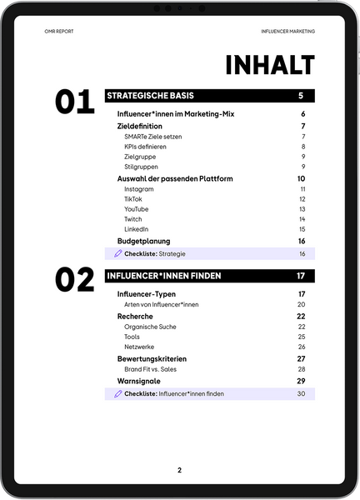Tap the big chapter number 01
pos(74,102)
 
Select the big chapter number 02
pos(74,280)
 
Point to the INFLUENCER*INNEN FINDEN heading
pos(163,275)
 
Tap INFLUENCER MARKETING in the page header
pos(288,30)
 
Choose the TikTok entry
pos(133,199)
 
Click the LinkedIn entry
pos(136,228)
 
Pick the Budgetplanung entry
pos(143,241)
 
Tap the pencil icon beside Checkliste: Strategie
pos(118,253)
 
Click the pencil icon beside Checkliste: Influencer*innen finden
pos(118,393)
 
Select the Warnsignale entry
pos(138,381)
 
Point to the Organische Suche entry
pos(150,327)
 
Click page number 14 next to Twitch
pos(302,218)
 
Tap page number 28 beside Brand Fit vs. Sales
pos(302,369)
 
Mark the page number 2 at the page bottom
pos(179,470)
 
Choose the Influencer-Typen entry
pos(146,294)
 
